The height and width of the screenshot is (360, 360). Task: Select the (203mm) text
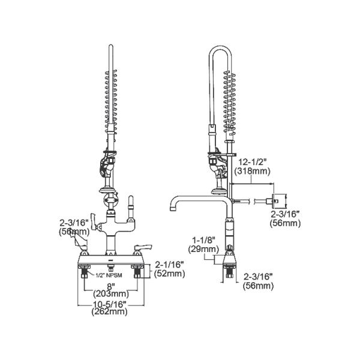[110, 294]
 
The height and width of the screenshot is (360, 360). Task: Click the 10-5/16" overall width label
[110, 303]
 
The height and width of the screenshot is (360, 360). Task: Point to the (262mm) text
[110, 311]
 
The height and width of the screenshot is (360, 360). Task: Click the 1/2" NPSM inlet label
[110, 275]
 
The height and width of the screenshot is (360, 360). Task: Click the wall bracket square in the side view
[278, 200]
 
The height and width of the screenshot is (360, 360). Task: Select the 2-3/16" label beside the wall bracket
[286, 214]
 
